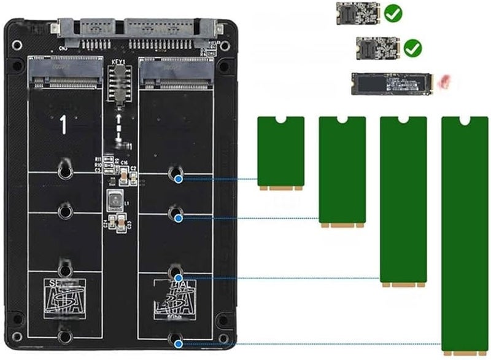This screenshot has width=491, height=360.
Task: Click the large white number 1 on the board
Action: point(63,124)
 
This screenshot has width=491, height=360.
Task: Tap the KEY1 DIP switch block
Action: point(120,84)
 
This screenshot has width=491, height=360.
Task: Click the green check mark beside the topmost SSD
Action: point(390,11)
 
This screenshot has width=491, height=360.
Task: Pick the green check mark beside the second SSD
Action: point(413,47)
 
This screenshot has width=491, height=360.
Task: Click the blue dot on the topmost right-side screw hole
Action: point(178,179)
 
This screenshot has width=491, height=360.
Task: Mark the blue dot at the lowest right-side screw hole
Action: point(178,345)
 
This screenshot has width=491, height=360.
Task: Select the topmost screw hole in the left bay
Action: point(65,170)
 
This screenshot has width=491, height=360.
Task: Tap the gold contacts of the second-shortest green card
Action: point(342,225)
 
